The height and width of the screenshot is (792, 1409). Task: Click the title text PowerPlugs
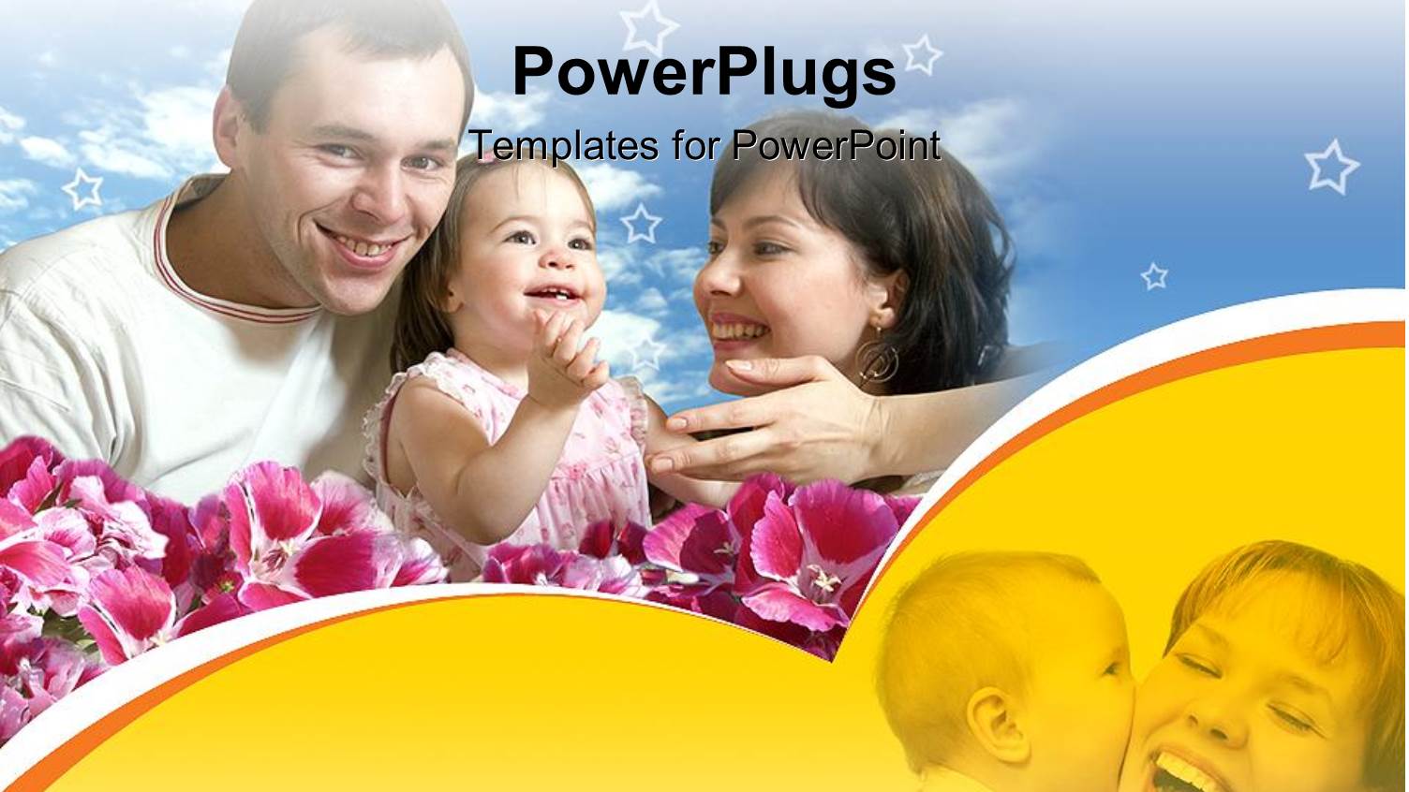[704, 73]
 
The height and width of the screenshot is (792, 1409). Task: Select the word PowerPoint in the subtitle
[835, 146]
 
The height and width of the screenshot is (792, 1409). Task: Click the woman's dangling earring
[878, 360]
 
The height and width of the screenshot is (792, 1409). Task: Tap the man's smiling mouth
[361, 246]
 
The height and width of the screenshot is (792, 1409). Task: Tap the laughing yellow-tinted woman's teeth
[1181, 769]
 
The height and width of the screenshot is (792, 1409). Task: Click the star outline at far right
[1331, 167]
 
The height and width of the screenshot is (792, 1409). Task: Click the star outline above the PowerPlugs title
[648, 25]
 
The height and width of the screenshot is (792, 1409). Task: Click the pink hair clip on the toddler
[487, 157]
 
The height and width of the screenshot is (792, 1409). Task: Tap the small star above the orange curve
[1154, 275]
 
